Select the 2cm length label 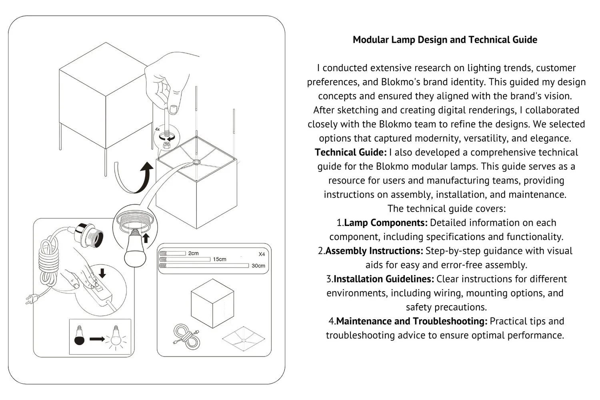[x=193, y=253]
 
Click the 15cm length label [x=219, y=259]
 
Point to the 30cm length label [x=258, y=266]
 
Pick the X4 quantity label [x=262, y=254]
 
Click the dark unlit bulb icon [x=80, y=337]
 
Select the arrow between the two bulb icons [x=97, y=339]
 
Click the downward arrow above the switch [x=102, y=273]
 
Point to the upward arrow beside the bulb [x=146, y=238]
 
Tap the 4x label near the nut [x=157, y=130]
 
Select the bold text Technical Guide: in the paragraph [x=350, y=152]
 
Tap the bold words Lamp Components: [x=386, y=223]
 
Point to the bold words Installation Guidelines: [x=383, y=279]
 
